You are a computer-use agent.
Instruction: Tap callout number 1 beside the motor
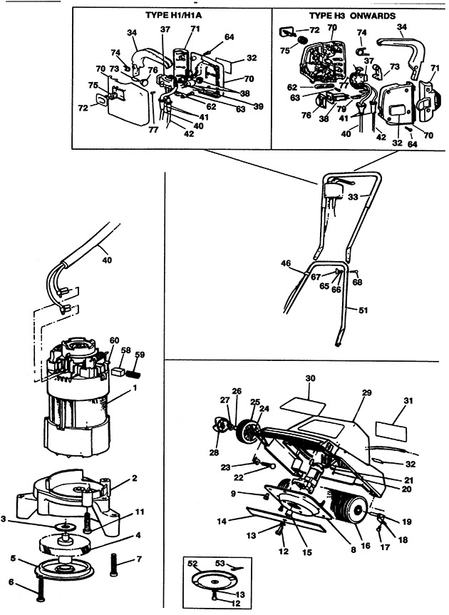[134, 390]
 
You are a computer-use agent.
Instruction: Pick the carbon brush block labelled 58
[118, 371]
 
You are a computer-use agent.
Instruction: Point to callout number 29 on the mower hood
[367, 393]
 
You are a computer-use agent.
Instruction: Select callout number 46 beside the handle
[285, 264]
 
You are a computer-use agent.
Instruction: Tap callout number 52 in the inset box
[192, 564]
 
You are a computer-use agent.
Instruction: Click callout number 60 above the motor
[114, 340]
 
